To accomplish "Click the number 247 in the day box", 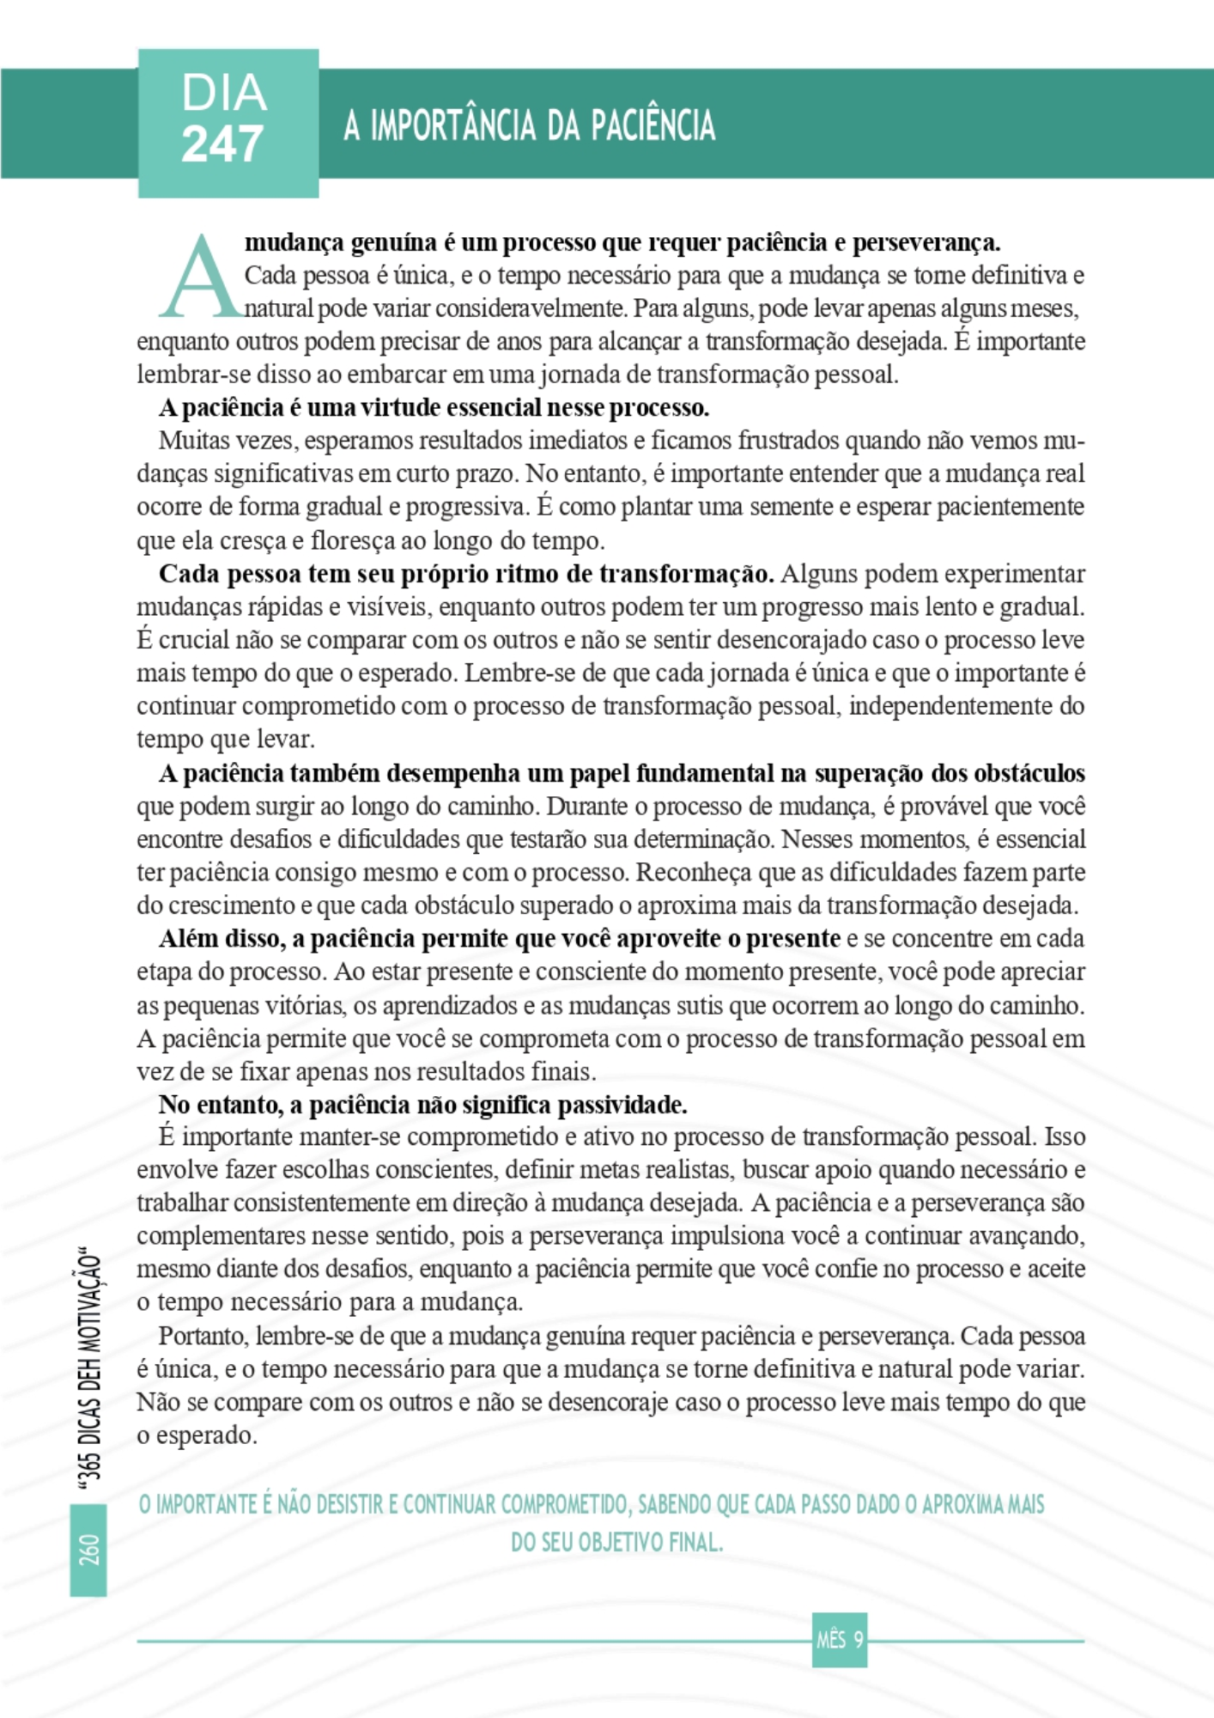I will [x=222, y=143].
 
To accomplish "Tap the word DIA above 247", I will [x=224, y=93].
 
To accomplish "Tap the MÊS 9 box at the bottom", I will [x=839, y=1640].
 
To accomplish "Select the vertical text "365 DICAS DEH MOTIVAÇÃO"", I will [x=89, y=1370].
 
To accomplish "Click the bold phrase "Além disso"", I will [x=221, y=939].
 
